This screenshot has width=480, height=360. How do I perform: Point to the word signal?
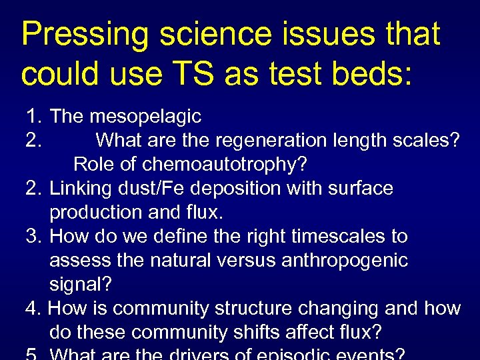pyautogui.click(x=81, y=284)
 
